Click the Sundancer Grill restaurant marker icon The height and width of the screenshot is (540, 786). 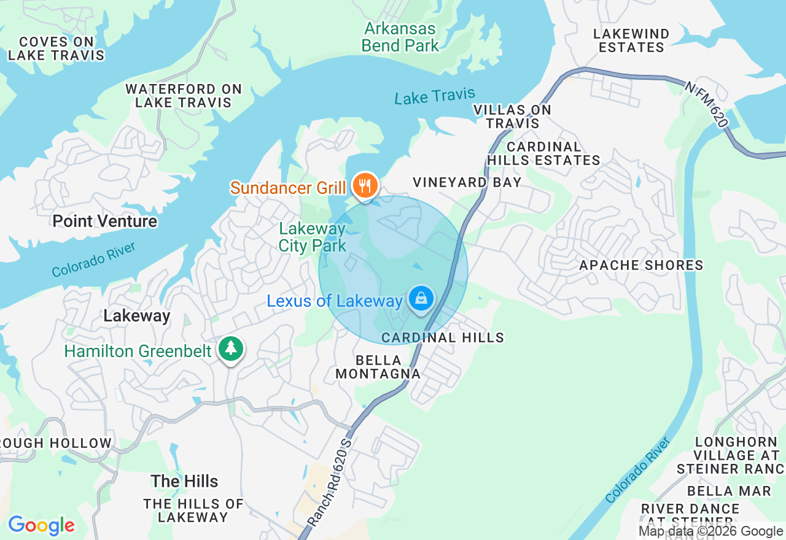[x=365, y=184]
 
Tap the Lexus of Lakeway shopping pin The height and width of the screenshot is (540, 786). [x=421, y=299]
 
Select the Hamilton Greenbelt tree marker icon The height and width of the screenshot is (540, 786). [x=230, y=349]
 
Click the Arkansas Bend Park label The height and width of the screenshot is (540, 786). [x=400, y=37]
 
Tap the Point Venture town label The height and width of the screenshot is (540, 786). [x=105, y=221]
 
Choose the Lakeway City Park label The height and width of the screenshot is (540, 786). [x=312, y=237]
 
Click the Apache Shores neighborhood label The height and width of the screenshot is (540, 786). [x=641, y=265]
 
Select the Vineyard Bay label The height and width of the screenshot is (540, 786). [x=467, y=182]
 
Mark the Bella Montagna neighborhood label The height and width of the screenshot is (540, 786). [x=378, y=367]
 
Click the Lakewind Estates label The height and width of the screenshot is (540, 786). [x=631, y=40]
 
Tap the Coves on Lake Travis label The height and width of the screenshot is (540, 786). [x=56, y=48]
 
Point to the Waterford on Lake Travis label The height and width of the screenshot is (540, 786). [x=184, y=96]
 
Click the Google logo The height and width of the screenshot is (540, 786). [x=41, y=525]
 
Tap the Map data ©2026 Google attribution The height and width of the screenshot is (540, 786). [x=710, y=531]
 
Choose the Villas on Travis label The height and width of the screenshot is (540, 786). [x=512, y=117]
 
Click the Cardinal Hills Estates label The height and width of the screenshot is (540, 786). [x=543, y=153]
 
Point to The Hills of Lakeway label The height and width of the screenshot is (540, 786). [x=193, y=511]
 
